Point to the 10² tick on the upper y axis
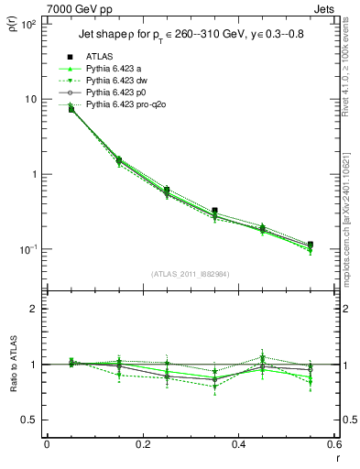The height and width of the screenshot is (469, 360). click(x=28, y=24)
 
